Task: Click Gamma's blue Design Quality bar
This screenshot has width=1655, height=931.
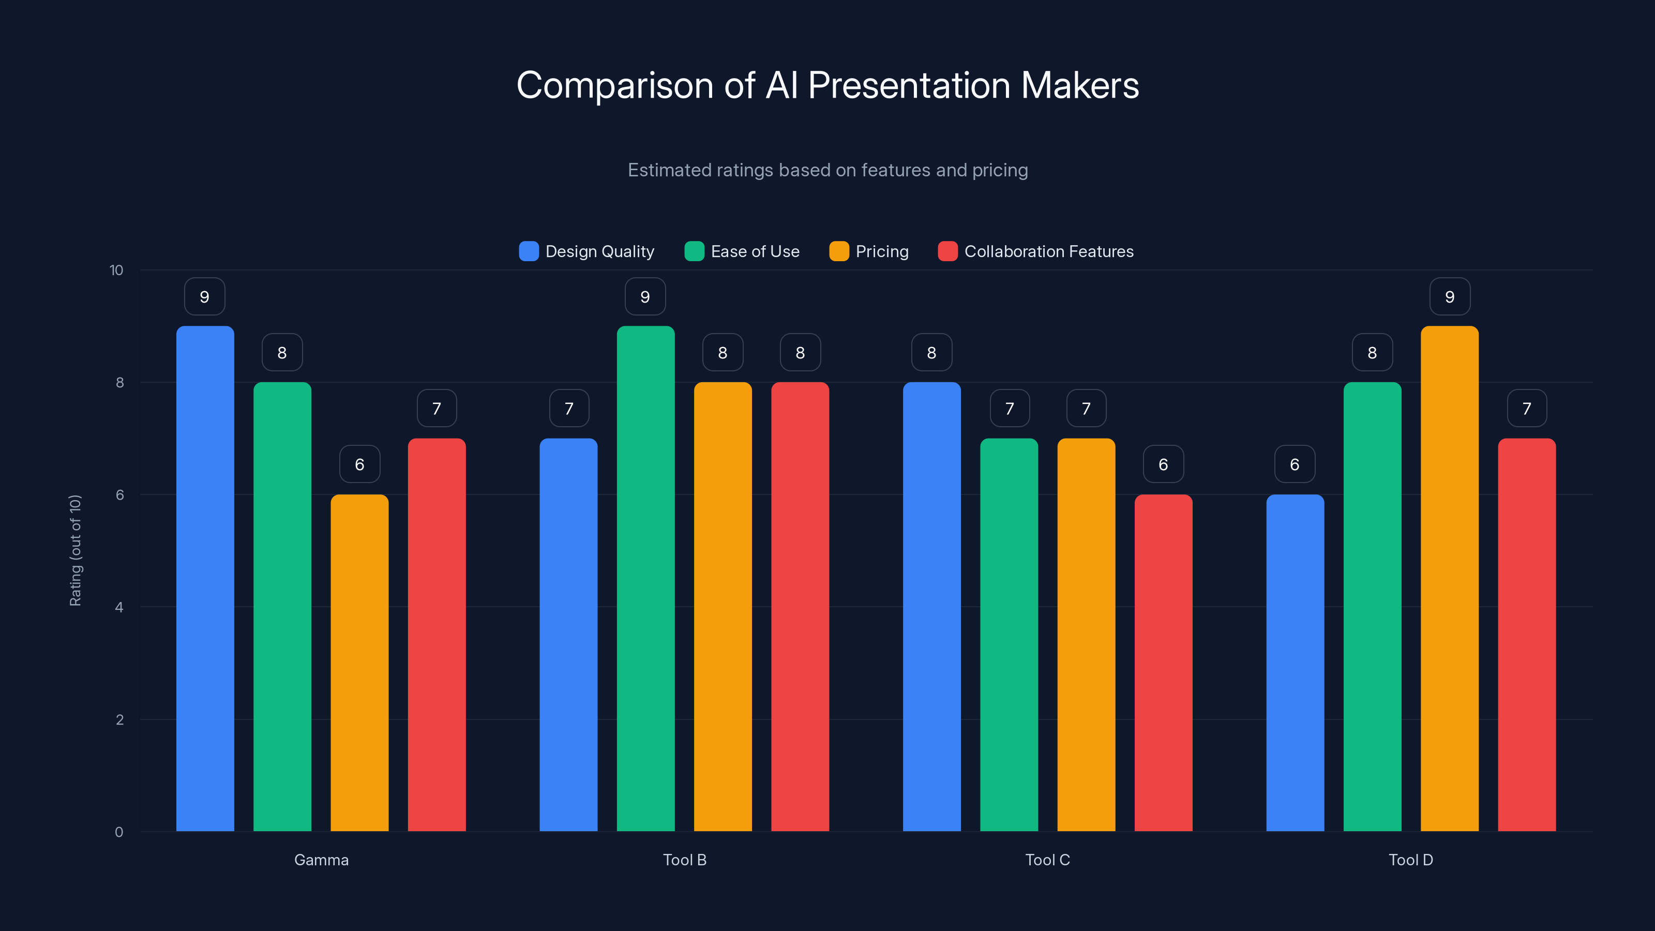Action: [205, 578]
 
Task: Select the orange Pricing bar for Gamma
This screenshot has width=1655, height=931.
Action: [359, 662]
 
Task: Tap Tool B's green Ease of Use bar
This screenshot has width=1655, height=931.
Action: [645, 578]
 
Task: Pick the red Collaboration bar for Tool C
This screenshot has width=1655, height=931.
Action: [1163, 662]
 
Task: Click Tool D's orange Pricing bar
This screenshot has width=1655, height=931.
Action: [1449, 578]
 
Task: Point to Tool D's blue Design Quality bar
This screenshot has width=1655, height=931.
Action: [1295, 662]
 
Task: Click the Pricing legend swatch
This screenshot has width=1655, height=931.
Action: [839, 251]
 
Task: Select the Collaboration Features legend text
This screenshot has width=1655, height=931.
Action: [1048, 251]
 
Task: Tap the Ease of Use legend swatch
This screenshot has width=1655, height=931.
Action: [695, 251]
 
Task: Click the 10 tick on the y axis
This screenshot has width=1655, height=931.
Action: [116, 271]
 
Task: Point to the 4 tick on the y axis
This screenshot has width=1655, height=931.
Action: [119, 607]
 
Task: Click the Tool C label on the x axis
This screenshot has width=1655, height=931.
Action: [1047, 860]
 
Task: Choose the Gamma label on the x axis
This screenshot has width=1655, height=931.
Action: [321, 860]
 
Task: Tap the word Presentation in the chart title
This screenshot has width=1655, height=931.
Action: [909, 85]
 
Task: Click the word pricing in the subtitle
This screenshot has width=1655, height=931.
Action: [1000, 170]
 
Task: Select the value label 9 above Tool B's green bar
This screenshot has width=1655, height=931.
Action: [645, 297]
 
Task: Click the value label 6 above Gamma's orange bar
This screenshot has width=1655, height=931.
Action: [359, 464]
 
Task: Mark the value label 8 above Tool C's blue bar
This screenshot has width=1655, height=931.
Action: [931, 353]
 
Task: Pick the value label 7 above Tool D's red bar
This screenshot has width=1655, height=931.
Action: [1527, 409]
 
